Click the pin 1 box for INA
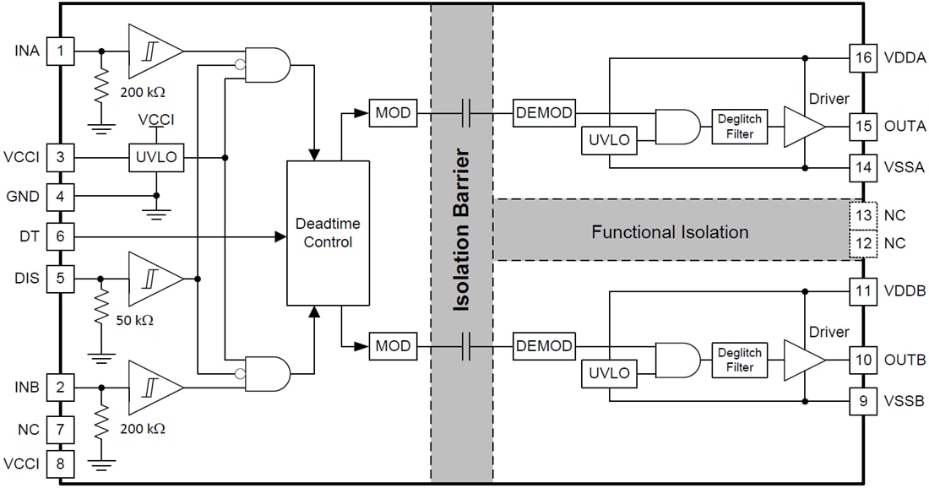tap(60, 51)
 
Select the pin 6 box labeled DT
tap(60, 237)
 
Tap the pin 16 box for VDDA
tap(863, 58)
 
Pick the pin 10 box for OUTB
tap(863, 360)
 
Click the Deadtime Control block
tap(329, 232)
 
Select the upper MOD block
tap(393, 113)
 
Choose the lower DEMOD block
tap(544, 346)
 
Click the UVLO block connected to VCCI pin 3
tap(156, 158)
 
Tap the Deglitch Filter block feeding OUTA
tap(739, 126)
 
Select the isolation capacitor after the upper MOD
tap(465, 113)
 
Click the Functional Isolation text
tap(670, 232)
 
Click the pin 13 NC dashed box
tap(863, 215)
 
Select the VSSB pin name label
tap(904, 401)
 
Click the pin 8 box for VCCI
tap(60, 463)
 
